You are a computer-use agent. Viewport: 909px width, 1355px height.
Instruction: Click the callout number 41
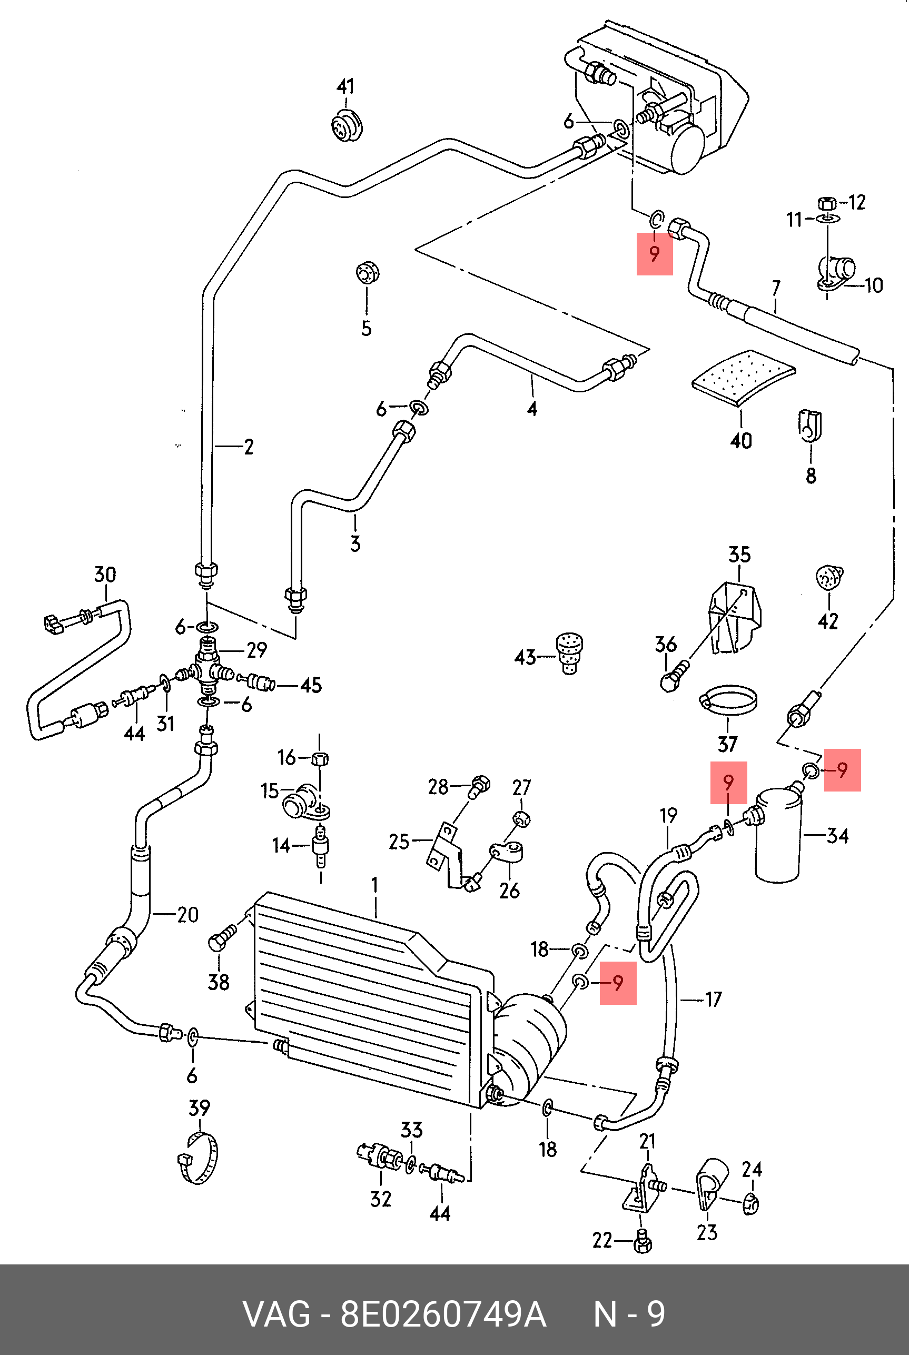coord(345,87)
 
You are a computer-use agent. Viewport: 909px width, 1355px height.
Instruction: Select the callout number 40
coord(741,441)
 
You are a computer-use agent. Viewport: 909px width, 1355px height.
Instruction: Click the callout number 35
coord(739,555)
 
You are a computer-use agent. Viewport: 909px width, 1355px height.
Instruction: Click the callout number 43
coord(525,657)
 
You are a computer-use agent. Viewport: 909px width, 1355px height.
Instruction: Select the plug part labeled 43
coord(569,652)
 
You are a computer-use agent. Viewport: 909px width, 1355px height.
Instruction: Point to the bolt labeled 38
coord(221,939)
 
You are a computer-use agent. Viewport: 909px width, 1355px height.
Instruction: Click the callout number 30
coord(105,575)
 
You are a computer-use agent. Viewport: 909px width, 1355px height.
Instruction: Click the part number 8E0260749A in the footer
coord(443,1314)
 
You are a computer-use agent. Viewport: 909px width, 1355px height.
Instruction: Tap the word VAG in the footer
coord(276,1314)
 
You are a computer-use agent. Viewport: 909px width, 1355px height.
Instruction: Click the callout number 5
coord(367,328)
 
